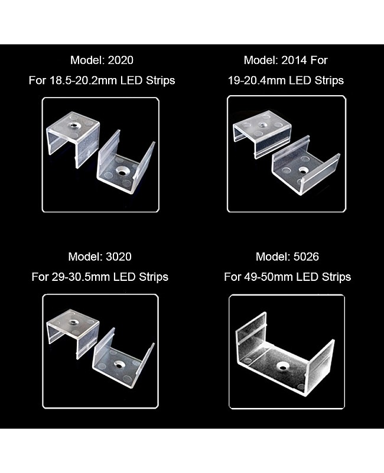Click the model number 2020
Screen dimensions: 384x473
pos(121,60)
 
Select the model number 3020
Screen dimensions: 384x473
pos(119,257)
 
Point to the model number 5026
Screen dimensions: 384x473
pos(306,257)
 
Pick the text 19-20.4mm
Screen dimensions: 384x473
pos(257,80)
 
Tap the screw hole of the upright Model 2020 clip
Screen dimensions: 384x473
pos(123,171)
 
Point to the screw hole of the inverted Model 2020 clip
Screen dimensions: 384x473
pos(73,124)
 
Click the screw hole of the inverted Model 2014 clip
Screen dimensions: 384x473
pos(262,124)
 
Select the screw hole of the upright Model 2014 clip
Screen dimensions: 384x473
pos(303,171)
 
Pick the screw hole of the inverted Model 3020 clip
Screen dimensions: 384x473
pos(73,322)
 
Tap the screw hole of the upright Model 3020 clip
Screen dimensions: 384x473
pos(119,365)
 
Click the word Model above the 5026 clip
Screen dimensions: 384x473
pos(272,257)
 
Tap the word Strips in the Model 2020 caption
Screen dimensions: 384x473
pos(160,80)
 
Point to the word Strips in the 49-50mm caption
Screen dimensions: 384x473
pos(336,277)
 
